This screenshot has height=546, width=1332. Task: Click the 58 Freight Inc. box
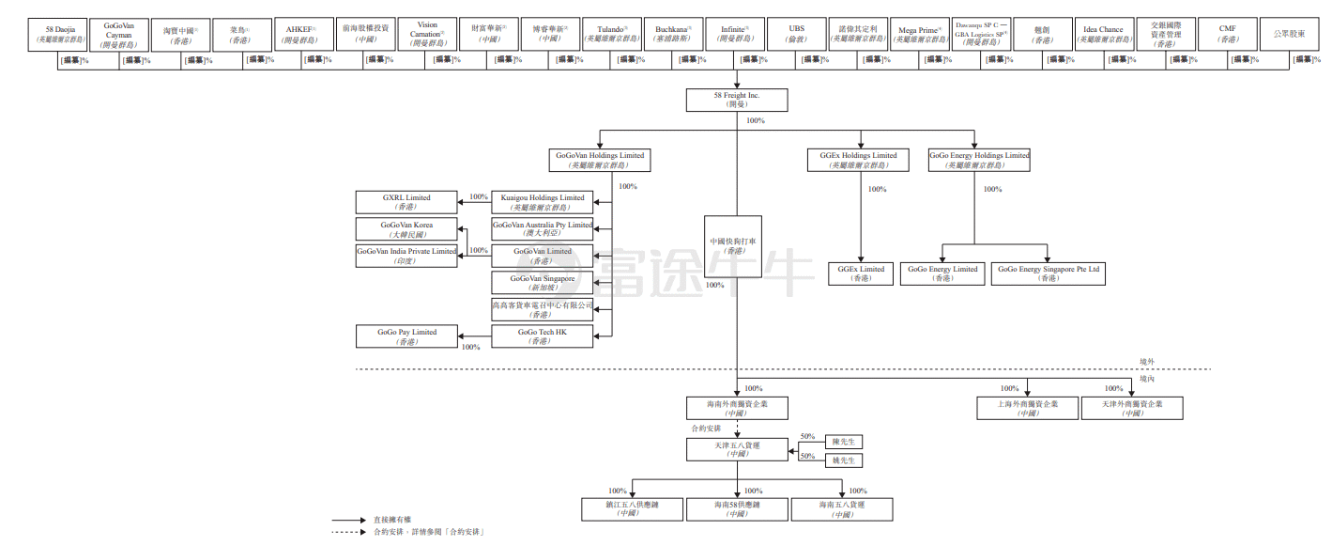tap(737, 100)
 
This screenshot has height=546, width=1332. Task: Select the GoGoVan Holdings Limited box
tap(600, 160)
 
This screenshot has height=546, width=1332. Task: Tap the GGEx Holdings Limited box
tap(858, 160)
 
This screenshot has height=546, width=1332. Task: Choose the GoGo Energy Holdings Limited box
tap(979, 160)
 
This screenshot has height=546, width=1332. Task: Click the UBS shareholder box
tap(797, 35)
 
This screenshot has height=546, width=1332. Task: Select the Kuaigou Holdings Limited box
tap(543, 202)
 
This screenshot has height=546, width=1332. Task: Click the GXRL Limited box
tap(406, 202)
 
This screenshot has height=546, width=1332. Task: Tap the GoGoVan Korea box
tap(406, 229)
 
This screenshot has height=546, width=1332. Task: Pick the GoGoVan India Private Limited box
tap(406, 256)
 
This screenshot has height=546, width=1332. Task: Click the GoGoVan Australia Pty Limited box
tap(543, 229)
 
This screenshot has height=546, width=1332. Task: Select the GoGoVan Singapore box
tap(543, 283)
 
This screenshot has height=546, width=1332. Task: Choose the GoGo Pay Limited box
tap(406, 336)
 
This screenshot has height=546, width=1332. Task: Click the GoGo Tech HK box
tap(543, 336)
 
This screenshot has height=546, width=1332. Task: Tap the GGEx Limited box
tap(861, 273)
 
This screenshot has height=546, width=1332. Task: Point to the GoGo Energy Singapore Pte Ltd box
tap(1048, 273)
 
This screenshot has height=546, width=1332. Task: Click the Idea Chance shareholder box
tap(1103, 35)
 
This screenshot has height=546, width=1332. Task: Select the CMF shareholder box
tap(1227, 35)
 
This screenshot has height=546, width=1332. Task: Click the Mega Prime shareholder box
tap(920, 35)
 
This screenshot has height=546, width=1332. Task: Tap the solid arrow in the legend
tap(347, 520)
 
